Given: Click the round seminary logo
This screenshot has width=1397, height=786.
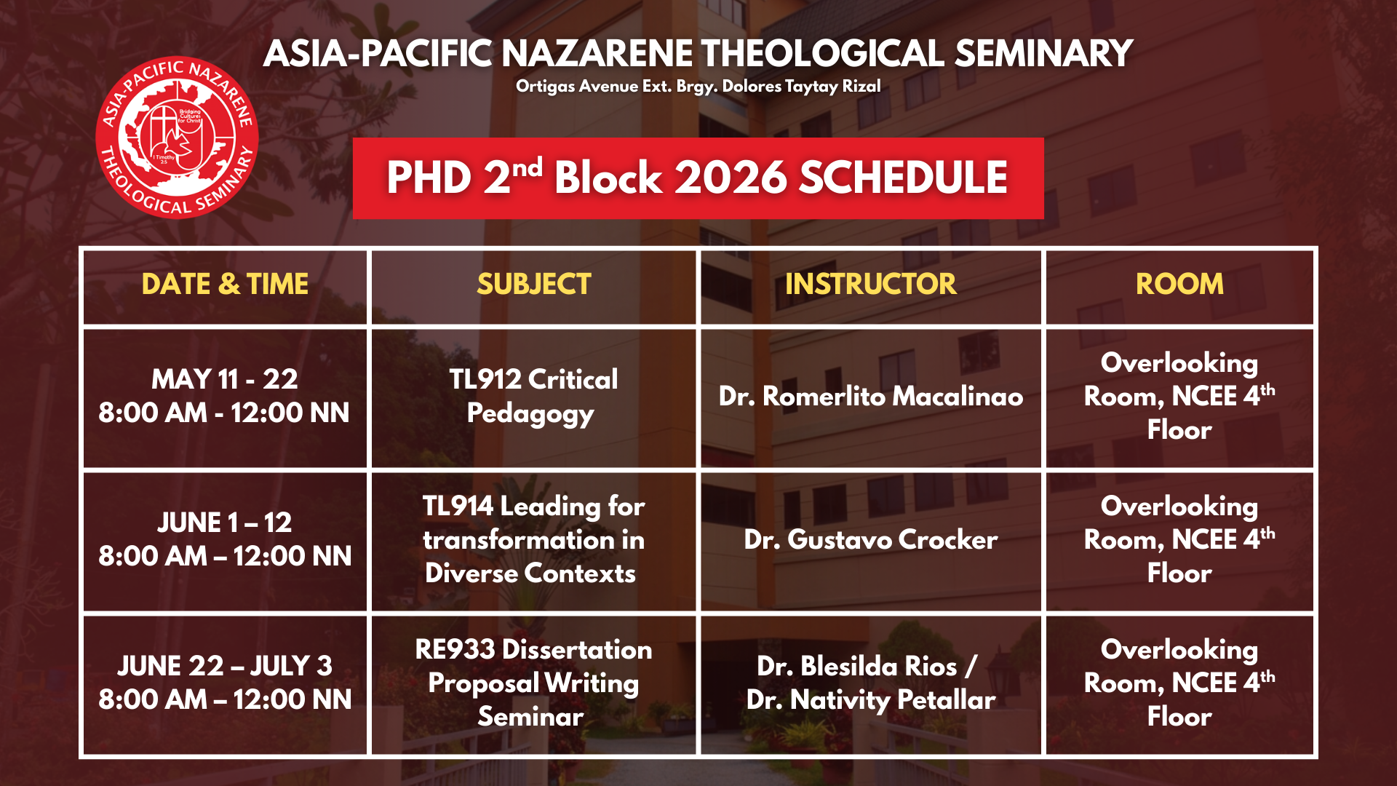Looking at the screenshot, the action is click(x=177, y=137).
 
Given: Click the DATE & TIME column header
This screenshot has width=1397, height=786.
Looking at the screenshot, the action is click(x=225, y=284).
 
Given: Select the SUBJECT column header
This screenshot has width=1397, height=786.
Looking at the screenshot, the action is click(x=533, y=284).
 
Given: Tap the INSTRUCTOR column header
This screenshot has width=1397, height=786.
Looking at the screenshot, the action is click(x=870, y=284).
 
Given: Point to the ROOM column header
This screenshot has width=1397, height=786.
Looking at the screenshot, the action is click(x=1179, y=284).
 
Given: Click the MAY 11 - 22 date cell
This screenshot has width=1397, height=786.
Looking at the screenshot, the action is click(x=225, y=396).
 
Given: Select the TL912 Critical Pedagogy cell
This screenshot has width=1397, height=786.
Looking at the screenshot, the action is click(x=533, y=396).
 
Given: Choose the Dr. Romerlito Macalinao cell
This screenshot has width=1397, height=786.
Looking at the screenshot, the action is click(x=870, y=397).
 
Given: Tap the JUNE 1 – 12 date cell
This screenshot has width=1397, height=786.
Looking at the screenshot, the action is click(x=225, y=539).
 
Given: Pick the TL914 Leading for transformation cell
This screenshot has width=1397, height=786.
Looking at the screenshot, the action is click(x=533, y=539).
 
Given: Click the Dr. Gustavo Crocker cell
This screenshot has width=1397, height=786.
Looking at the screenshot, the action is click(x=870, y=540).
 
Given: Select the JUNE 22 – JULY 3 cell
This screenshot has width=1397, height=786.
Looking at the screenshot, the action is click(x=225, y=683).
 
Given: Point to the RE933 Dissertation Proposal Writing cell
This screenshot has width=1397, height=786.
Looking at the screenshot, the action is click(x=533, y=683).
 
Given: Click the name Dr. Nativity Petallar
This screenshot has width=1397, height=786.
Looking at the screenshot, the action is click(x=870, y=700).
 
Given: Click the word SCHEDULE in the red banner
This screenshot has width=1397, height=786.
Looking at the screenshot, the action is click(x=903, y=178).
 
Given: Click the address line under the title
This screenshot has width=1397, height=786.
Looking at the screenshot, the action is click(x=698, y=87).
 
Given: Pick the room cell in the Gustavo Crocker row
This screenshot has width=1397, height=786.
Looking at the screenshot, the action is click(x=1179, y=539).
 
